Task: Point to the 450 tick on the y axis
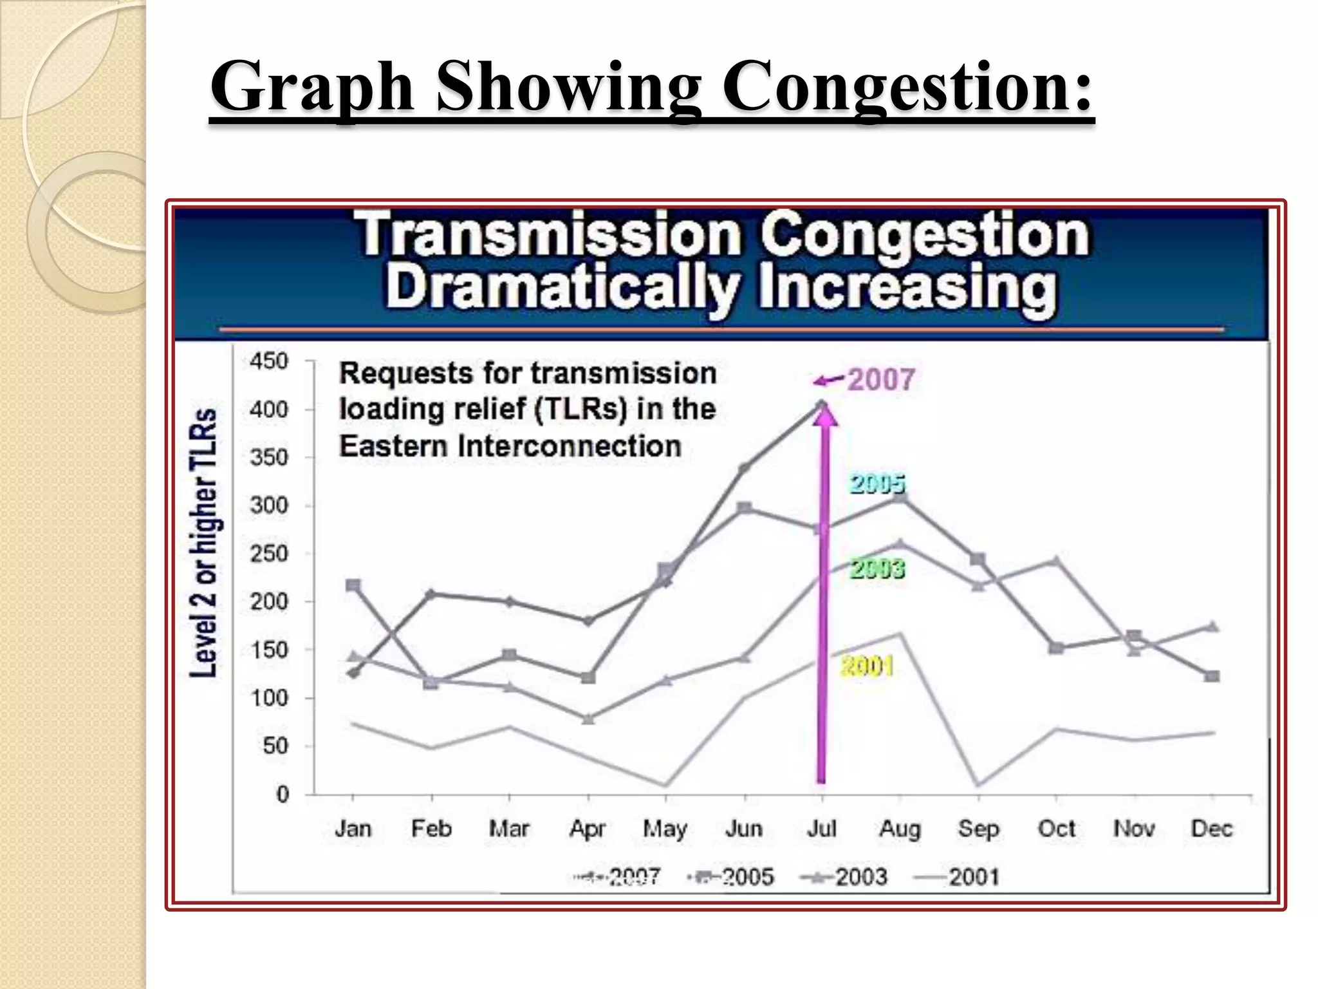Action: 270,361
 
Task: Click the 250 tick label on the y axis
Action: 270,554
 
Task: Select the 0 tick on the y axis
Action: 283,795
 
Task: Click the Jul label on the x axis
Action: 822,829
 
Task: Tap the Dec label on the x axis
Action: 1211,829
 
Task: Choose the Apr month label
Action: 587,829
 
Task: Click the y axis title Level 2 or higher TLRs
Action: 203,542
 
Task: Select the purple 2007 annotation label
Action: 880,380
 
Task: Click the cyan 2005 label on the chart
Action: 877,484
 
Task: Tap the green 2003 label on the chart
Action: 877,569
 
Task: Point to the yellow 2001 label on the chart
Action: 867,666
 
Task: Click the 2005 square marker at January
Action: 353,585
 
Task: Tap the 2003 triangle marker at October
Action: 1056,561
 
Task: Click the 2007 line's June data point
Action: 744,468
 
